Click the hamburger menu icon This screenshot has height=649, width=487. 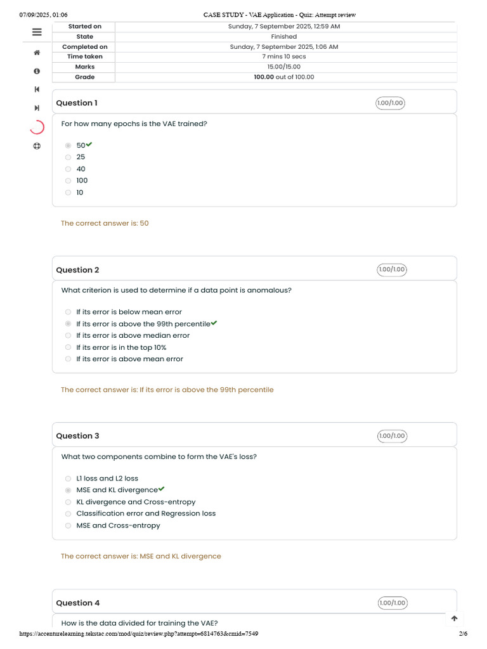[37, 32]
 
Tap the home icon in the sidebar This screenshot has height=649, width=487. [37, 53]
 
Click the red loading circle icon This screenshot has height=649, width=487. [37, 127]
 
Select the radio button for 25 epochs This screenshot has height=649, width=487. [68, 157]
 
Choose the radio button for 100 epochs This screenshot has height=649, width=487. [68, 181]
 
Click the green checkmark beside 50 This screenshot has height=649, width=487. [89, 145]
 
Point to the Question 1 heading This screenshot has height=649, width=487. [77, 103]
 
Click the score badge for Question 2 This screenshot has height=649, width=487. [391, 269]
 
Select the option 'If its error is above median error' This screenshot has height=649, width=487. [133, 335]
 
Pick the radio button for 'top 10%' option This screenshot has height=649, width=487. [68, 347]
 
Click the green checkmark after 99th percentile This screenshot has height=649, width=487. [214, 323]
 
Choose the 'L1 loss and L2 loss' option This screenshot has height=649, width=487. [107, 479]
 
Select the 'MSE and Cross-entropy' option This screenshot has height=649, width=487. [118, 525]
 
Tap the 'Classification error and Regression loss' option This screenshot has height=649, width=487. [146, 513]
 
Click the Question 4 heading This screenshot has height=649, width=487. [77, 603]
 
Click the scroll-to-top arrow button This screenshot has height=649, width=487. [454, 619]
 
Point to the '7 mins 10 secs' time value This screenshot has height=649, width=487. [284, 57]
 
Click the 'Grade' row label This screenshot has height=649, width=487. [85, 77]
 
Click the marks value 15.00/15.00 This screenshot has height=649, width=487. [284, 67]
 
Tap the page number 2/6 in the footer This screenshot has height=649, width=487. [463, 634]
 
